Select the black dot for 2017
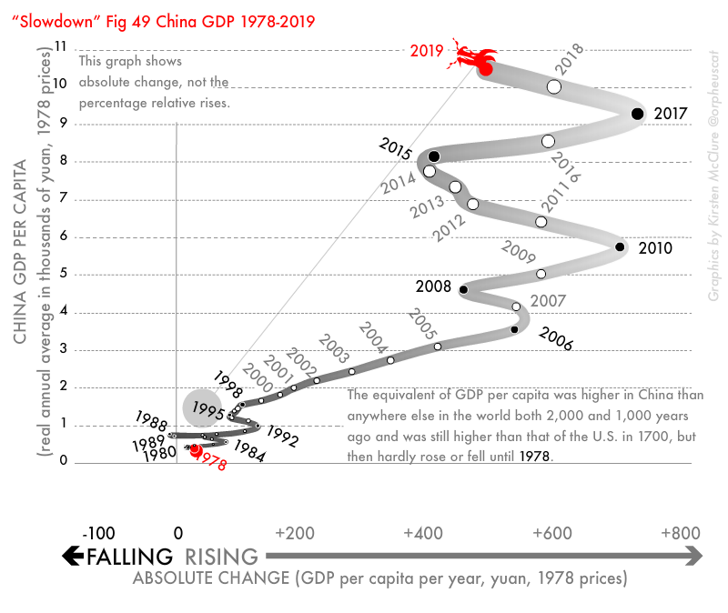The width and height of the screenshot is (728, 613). coord(637,114)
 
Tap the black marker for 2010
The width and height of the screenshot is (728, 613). coord(620,246)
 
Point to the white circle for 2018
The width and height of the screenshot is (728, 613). coord(554,86)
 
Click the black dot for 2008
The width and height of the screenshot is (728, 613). coord(464,290)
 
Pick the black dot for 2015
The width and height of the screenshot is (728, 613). coord(434,156)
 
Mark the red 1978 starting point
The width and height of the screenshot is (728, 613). coord(195,449)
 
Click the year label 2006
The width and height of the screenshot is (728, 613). coord(555,338)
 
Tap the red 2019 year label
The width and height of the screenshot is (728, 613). coord(427,51)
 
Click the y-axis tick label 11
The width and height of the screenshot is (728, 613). coord(61,46)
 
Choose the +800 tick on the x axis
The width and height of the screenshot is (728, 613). coord(680,532)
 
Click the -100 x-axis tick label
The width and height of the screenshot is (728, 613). coord(97,532)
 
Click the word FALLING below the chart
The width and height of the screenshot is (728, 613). coord(128,557)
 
